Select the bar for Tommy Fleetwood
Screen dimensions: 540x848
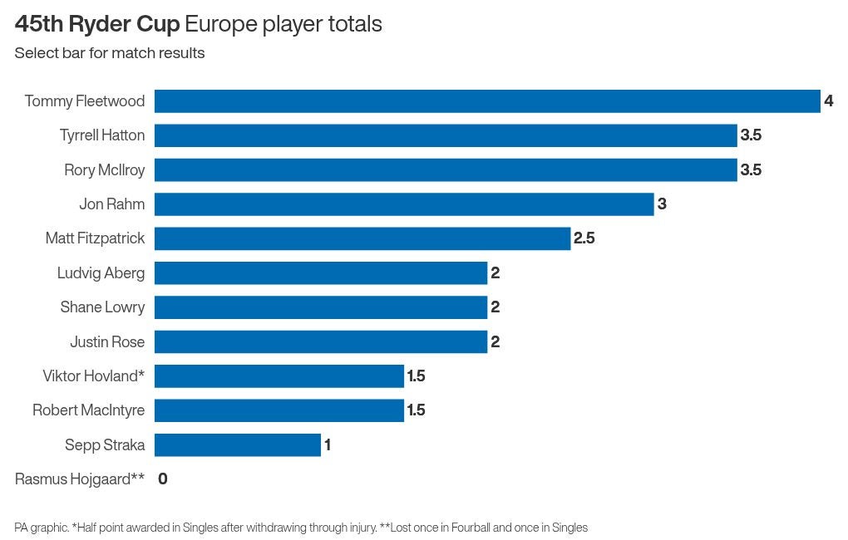[x=487, y=101]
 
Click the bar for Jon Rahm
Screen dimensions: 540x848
[x=404, y=204]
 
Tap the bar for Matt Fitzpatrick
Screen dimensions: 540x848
[x=362, y=238]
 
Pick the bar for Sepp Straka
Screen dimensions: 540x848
[x=238, y=445]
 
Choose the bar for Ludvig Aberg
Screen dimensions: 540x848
[x=321, y=273]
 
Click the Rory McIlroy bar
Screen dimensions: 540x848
[x=446, y=170]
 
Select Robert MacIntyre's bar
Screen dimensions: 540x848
[x=279, y=410]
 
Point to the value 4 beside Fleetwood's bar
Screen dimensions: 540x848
[x=828, y=101]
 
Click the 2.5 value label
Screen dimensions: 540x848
[x=584, y=238]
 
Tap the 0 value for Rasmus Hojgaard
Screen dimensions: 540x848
[x=163, y=479]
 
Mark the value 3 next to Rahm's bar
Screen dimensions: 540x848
[x=662, y=204]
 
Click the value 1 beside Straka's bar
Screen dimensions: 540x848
[x=328, y=445]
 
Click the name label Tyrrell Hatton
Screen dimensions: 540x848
[x=102, y=135]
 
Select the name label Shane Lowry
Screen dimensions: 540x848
[x=102, y=307]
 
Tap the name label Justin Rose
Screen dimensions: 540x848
[x=107, y=342]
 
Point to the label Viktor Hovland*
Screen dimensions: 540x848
[x=94, y=376]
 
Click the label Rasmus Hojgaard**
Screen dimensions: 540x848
[x=80, y=479]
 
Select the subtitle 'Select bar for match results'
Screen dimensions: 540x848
[x=109, y=53]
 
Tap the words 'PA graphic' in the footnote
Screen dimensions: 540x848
[x=41, y=528]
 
